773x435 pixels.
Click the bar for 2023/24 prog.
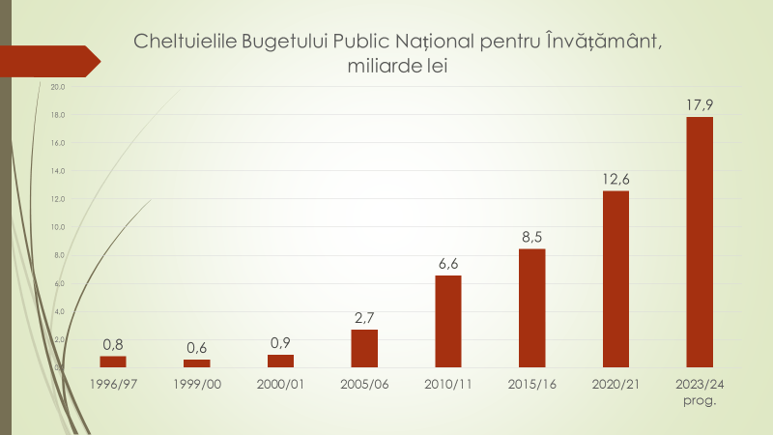tap(699, 242)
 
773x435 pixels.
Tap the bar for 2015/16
tap(531, 307)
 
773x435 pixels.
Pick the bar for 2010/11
tap(447, 321)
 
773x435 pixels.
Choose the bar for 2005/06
tap(364, 348)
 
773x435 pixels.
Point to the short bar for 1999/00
tap(197, 363)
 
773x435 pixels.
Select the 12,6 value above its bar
tap(616, 178)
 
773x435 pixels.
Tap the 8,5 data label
tap(531, 236)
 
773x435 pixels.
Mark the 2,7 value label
tap(364, 317)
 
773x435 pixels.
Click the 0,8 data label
tap(113, 343)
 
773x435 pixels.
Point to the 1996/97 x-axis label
tap(113, 384)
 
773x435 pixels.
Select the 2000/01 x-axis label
tap(280, 384)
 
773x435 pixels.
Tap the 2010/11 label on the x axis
tap(447, 384)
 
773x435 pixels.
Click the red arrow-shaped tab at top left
tap(48, 60)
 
